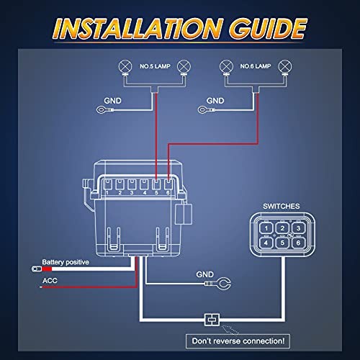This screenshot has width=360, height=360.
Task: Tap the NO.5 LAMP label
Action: click(x=155, y=66)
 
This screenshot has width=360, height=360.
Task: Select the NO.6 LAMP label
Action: click(x=256, y=66)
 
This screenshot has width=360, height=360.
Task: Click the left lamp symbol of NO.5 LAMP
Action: click(x=125, y=66)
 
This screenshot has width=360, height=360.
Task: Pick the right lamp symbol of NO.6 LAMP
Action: click(x=285, y=66)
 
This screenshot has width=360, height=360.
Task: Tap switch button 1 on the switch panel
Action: click(x=266, y=228)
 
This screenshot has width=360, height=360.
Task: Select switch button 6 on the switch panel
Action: click(x=298, y=243)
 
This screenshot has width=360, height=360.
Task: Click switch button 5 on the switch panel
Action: click(x=282, y=243)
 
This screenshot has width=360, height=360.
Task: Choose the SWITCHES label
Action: click(x=282, y=206)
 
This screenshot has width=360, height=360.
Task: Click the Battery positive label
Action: click(x=66, y=262)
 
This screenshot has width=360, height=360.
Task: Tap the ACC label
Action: click(x=50, y=281)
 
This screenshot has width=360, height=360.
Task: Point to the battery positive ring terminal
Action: click(x=37, y=269)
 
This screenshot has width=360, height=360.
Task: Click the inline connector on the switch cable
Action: click(x=212, y=320)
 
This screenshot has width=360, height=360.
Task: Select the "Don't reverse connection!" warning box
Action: click(x=238, y=341)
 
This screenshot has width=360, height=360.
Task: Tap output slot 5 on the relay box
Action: click(x=156, y=184)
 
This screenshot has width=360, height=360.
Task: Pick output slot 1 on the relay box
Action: click(x=107, y=184)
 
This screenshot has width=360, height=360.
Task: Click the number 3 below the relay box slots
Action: click(x=132, y=192)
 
